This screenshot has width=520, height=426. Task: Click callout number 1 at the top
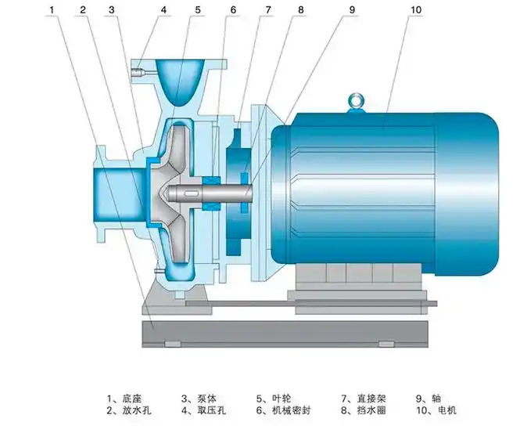coord(51,10)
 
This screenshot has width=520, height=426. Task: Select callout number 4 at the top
coord(164,10)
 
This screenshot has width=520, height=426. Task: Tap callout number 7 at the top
coord(267,10)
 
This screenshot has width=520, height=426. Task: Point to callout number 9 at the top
coord(353,10)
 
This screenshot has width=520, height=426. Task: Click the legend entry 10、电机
coord(436,410)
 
